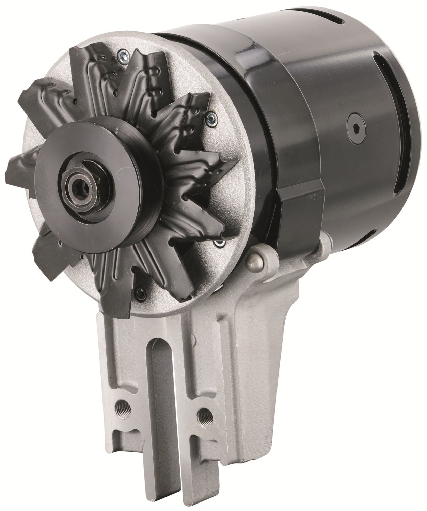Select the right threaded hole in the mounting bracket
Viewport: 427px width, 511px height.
click(x=205, y=415)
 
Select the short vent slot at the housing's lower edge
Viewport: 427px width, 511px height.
click(x=369, y=235)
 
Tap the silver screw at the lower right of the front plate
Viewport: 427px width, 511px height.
click(x=220, y=243)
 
